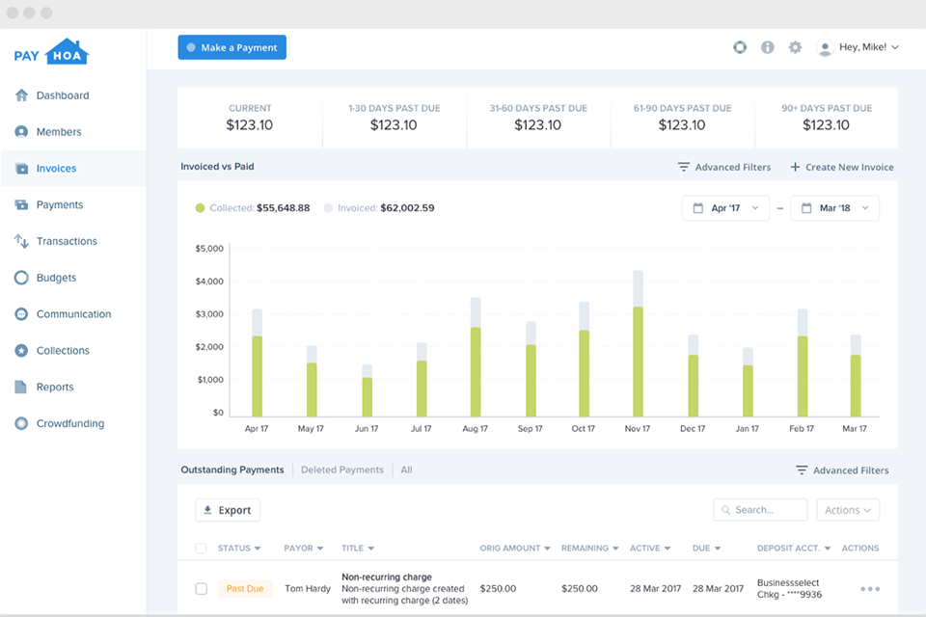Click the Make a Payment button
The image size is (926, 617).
[x=231, y=47]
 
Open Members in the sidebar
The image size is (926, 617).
[x=58, y=132]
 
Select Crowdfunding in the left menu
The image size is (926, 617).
[x=69, y=423]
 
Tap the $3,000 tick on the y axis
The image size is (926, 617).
[x=209, y=314]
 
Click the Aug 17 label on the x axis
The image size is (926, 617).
[x=476, y=429]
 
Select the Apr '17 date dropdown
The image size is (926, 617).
[x=725, y=207]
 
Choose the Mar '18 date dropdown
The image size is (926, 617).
[x=834, y=207]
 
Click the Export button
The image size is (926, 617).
[x=228, y=510]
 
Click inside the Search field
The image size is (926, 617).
[x=767, y=510]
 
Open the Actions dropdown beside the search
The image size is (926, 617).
[x=847, y=510]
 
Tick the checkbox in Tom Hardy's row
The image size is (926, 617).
[x=201, y=588]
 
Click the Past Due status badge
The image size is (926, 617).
[x=245, y=588]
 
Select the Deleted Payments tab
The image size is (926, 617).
[x=341, y=469]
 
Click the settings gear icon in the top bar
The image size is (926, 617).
[x=795, y=47]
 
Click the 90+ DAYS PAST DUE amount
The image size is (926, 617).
[x=826, y=125]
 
